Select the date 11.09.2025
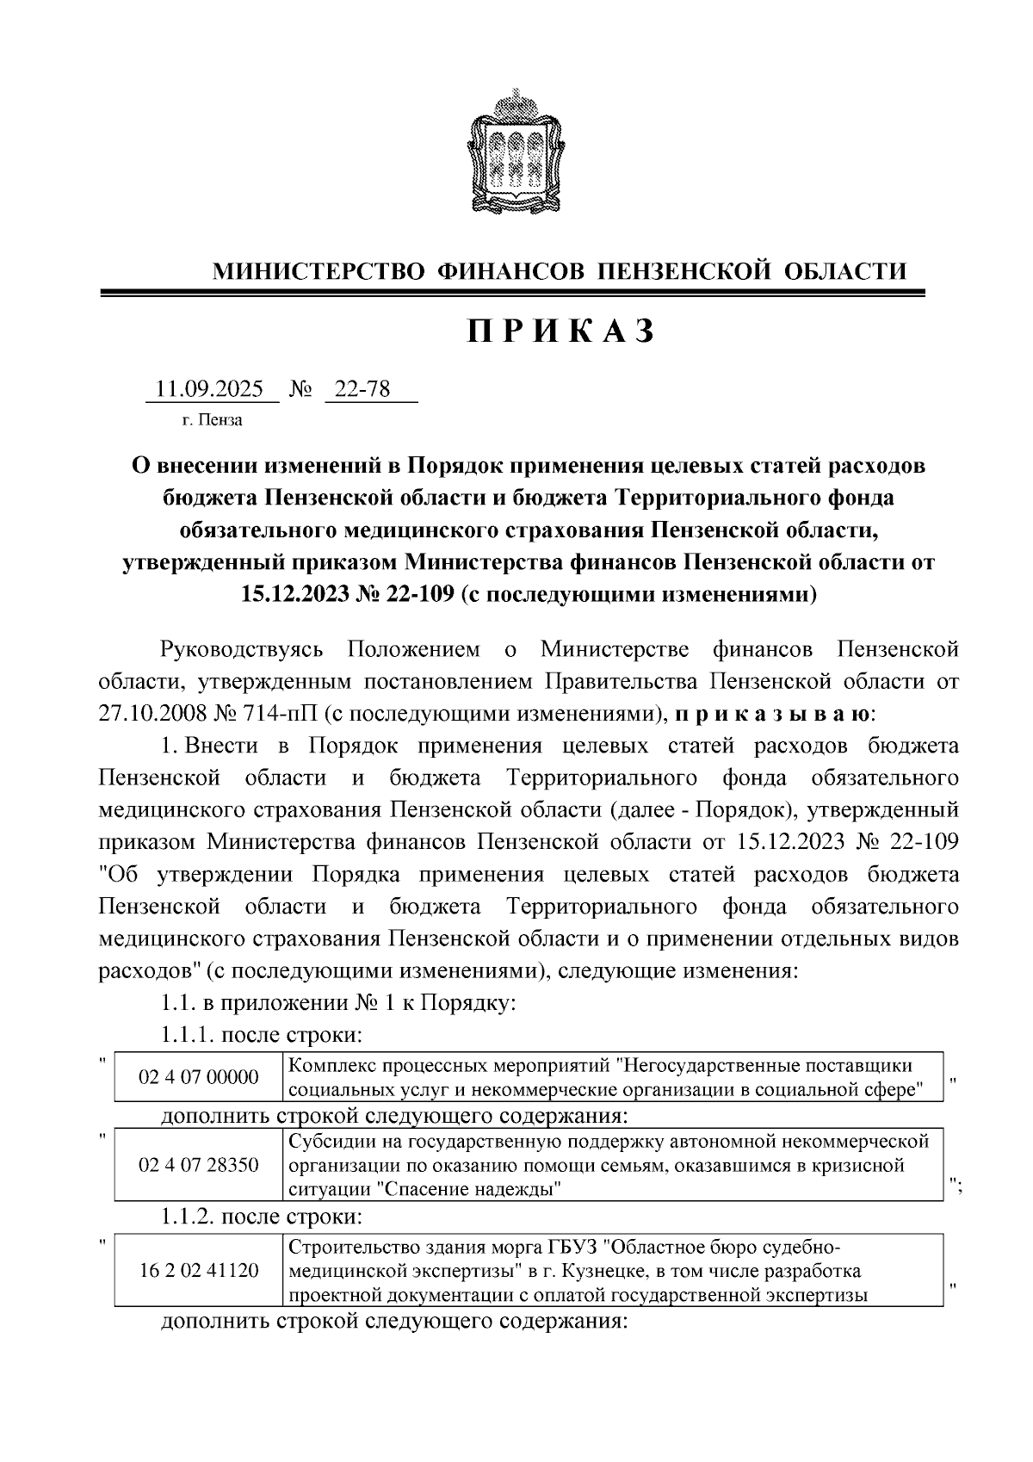(209, 389)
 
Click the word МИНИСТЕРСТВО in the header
(319, 272)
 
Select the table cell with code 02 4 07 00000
(198, 1077)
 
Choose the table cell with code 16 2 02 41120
(198, 1270)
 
